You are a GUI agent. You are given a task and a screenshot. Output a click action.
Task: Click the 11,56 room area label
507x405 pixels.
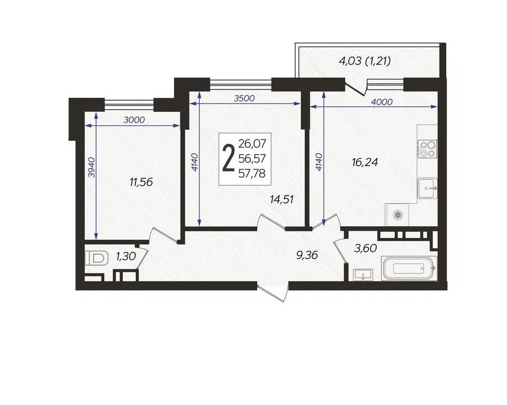(x=141, y=182)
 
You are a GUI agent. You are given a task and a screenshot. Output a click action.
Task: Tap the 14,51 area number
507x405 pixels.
(x=282, y=199)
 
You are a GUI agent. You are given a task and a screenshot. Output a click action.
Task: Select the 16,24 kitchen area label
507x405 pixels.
(x=365, y=162)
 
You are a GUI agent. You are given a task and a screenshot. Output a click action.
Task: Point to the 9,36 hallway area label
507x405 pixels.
(x=307, y=255)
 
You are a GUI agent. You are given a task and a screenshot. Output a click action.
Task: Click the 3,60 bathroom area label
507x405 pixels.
(x=366, y=249)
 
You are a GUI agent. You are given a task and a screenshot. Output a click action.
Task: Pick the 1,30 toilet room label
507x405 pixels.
(x=126, y=256)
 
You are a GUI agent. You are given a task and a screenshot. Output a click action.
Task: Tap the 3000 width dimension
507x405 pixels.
(x=134, y=120)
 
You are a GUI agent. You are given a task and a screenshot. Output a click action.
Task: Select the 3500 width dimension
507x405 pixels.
(x=244, y=98)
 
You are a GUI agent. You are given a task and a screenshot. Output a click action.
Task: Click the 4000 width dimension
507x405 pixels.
(x=382, y=102)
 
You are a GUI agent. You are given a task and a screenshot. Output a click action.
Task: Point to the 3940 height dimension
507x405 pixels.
(x=92, y=167)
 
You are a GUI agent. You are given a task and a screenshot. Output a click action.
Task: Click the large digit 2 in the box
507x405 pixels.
(x=229, y=159)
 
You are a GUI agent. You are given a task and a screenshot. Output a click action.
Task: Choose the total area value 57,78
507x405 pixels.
(x=252, y=174)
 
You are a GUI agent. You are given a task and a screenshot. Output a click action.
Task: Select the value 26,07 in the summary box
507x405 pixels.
(x=252, y=143)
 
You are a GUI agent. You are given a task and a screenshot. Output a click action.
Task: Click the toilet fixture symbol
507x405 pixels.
(x=97, y=259)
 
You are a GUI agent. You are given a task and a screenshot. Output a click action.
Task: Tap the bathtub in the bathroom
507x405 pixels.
(x=409, y=268)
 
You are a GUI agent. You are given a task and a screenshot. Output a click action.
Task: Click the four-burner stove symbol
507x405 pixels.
(x=427, y=148)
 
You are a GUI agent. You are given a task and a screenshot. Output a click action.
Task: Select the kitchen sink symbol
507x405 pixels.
(x=427, y=188)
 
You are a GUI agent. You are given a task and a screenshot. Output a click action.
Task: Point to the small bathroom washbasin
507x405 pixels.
(x=363, y=274)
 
